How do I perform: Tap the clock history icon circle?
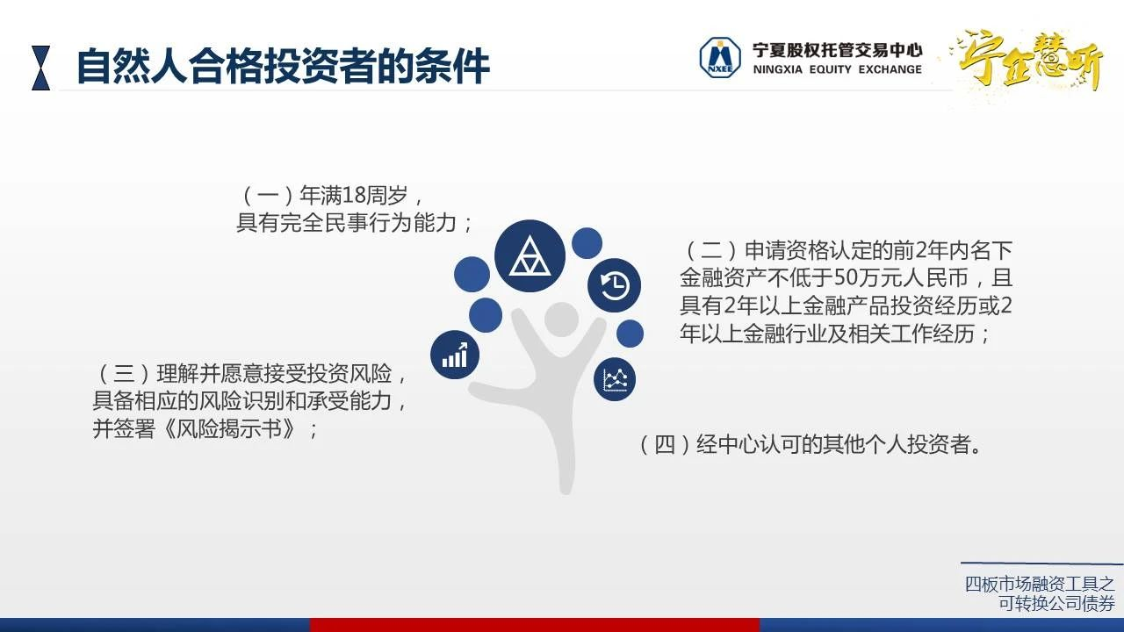[x=614, y=285]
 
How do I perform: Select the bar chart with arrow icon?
[x=455, y=355]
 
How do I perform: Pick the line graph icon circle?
[x=615, y=380]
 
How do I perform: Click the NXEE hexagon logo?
[x=719, y=58]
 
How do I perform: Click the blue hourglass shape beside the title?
[x=41, y=68]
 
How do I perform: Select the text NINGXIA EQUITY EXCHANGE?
[x=837, y=69]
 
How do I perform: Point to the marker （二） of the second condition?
[x=711, y=250]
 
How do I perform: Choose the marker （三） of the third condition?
[x=124, y=374]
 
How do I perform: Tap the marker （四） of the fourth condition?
[x=666, y=444]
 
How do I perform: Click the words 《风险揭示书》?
[x=230, y=429]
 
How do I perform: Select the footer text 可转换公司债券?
[x=1056, y=603]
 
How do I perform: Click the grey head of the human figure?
[x=561, y=320]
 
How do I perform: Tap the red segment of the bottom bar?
[x=535, y=625]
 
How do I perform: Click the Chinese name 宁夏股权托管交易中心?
[x=837, y=50]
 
